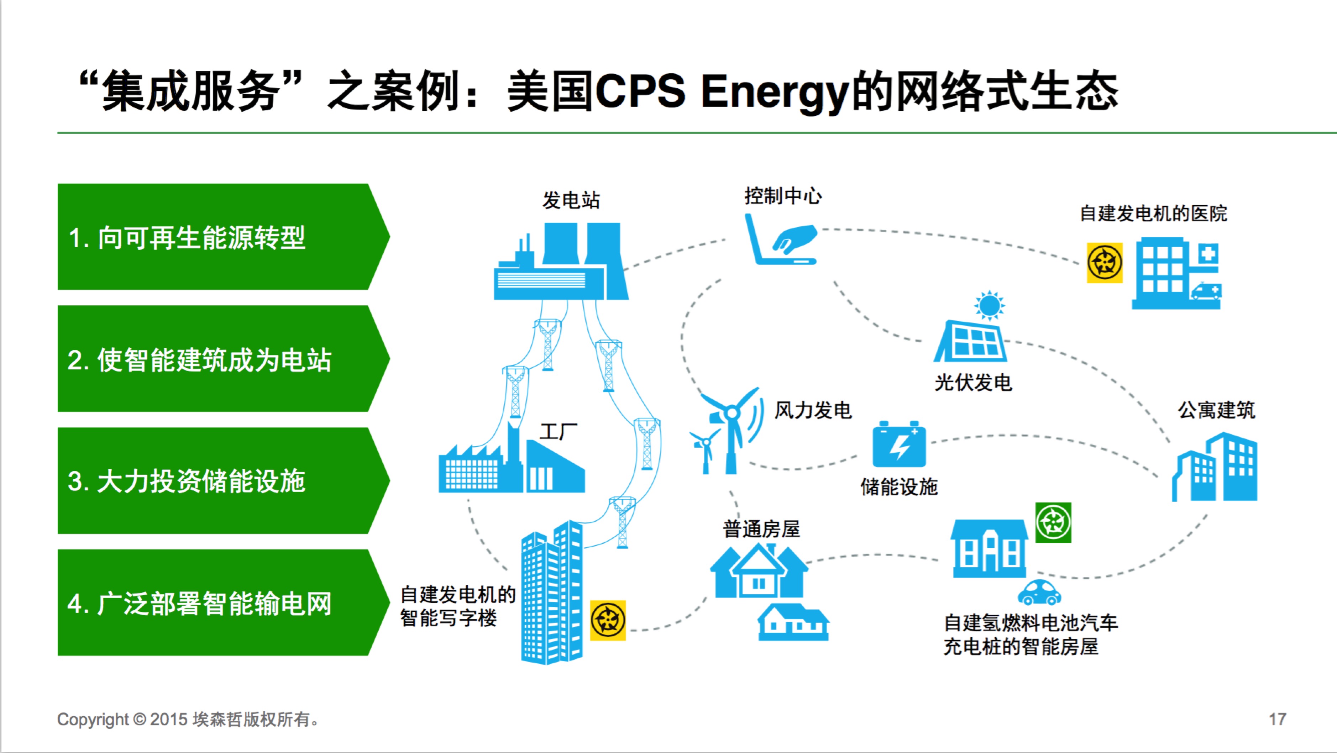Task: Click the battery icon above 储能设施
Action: pos(899,444)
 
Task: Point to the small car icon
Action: pos(1039,593)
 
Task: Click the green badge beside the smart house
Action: pos(1053,523)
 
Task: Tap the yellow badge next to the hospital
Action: pos(1105,263)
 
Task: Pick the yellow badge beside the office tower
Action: pos(608,620)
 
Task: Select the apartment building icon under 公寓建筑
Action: pos(1215,467)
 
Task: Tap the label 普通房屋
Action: pos(761,529)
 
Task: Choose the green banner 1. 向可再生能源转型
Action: pos(223,237)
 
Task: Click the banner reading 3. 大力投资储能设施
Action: pos(223,480)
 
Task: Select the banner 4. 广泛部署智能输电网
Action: pos(223,602)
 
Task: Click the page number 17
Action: pos(1277,719)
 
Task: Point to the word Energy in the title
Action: pos(774,93)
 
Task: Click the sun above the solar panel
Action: pos(989,305)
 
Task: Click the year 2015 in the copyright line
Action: pos(169,719)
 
